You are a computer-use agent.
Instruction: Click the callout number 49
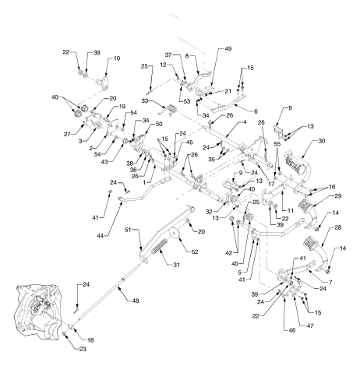[228, 49]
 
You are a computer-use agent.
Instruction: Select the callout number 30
[322, 141]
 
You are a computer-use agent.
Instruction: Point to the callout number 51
[129, 230]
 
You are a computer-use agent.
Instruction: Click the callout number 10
[117, 58]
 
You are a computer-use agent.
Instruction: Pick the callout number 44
[101, 236]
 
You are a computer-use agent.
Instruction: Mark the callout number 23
[83, 349]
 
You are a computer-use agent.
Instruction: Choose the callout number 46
[292, 330]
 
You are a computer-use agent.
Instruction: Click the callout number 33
[145, 100]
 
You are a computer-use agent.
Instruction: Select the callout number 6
[256, 111]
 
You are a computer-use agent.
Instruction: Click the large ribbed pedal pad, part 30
[295, 160]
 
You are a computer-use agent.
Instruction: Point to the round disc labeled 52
[175, 234]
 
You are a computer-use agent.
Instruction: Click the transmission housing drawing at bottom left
[39, 311]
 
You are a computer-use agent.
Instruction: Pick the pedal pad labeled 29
[306, 205]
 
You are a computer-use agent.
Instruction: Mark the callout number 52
[194, 252]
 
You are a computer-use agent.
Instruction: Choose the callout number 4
[245, 122]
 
